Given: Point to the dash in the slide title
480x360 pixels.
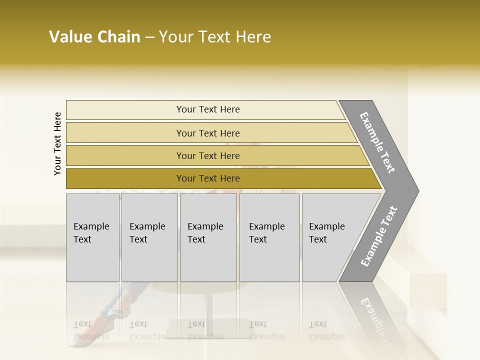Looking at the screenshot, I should [149, 37].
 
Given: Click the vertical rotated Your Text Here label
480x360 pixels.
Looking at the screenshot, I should [57, 143].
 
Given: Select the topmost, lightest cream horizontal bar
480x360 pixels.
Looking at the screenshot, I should [207, 109].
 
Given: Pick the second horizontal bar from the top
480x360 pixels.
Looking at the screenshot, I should [207, 133].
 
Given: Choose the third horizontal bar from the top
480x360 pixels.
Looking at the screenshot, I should [207, 155].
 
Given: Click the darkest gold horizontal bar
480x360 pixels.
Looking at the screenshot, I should [207, 178].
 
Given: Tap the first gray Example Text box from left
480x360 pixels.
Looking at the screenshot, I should [92, 237].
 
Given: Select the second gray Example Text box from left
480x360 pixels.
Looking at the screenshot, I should [149, 237].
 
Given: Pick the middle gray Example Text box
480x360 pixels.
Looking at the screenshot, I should [208, 237].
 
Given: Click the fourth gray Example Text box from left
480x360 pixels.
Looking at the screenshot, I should [269, 237].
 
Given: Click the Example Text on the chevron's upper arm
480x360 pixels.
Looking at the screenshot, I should [377, 142].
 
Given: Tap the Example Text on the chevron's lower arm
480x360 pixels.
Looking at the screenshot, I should [379, 236].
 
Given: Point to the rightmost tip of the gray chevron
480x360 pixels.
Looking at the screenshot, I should [418, 190].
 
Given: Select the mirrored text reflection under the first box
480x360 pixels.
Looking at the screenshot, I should [90, 330].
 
